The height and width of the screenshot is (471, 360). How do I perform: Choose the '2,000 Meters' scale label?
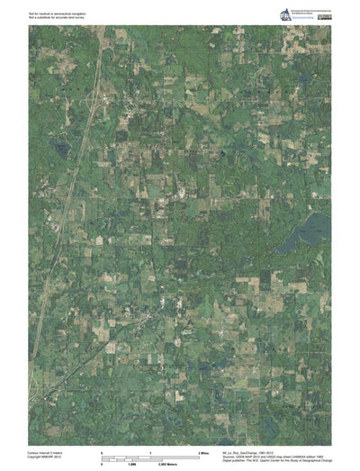pyautogui.click(x=193, y=464)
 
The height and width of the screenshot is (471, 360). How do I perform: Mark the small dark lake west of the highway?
pyautogui.click(x=60, y=149)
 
